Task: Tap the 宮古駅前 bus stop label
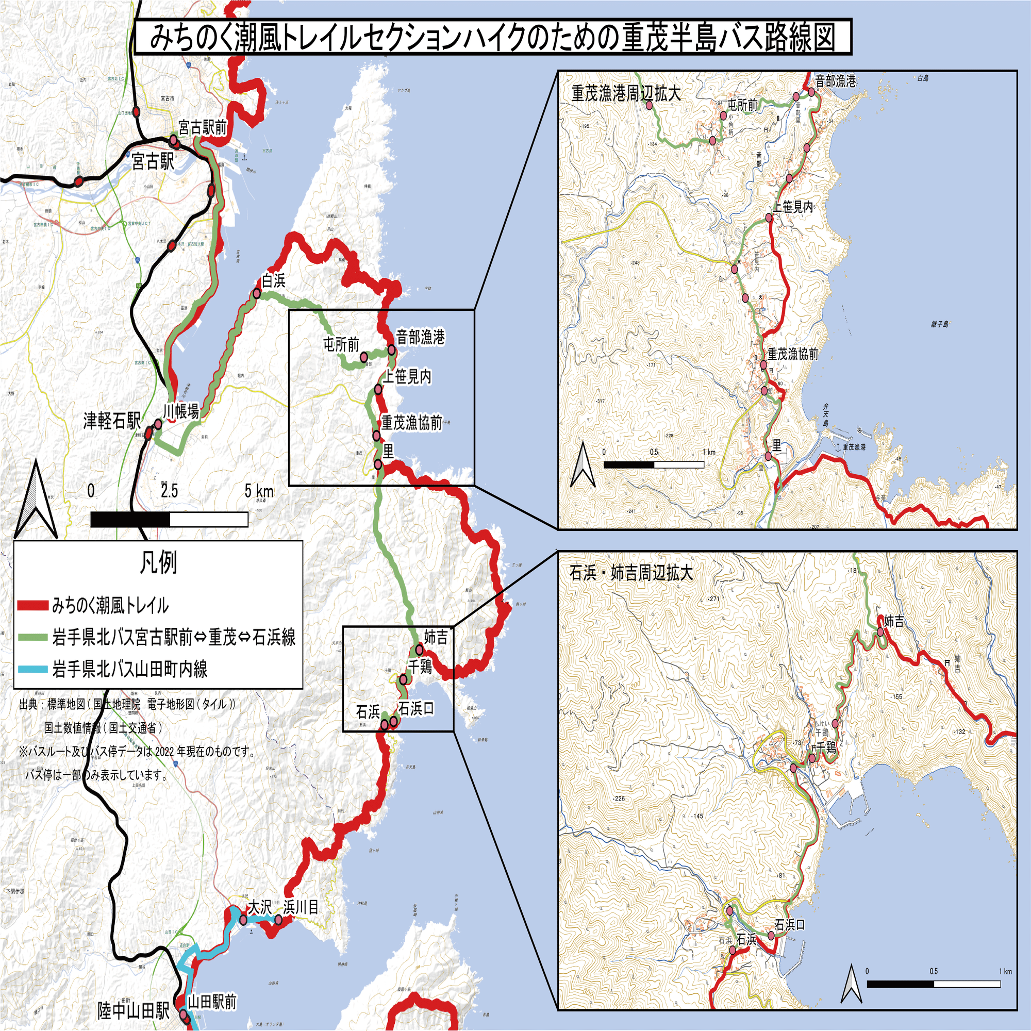[202, 127]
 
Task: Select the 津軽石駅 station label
[111, 421]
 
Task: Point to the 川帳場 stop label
[181, 411]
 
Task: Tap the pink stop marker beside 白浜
[257, 293]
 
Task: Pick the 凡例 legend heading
[158, 562]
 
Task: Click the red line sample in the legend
[32, 606]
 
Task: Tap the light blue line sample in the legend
[32, 669]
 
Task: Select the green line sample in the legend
[32, 637]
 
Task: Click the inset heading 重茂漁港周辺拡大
[626, 94]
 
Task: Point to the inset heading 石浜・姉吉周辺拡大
[631, 573]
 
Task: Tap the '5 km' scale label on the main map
[259, 490]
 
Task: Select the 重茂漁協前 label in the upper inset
[792, 354]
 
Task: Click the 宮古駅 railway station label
[153, 162]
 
